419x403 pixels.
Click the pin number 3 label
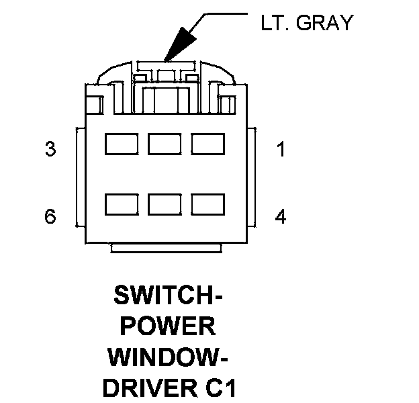pos(50,149)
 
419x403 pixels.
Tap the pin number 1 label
pos(281,149)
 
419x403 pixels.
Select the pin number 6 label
pos(50,216)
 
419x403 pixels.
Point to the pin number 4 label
pos(281,216)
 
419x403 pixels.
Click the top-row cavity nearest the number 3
pos(122,144)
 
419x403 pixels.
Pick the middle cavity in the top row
pos(165,144)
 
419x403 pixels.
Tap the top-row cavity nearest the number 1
pos(208,144)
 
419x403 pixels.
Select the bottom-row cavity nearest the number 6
pos(122,204)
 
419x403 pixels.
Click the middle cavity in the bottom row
pos(165,204)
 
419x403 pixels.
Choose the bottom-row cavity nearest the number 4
pos(208,204)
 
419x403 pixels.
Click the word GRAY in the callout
pos(325,22)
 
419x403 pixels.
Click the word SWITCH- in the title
pos(168,295)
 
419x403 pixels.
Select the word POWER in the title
pos(168,326)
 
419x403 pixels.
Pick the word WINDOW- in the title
pos(168,357)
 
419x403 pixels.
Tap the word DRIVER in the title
pos(150,388)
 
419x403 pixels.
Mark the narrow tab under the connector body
pos(167,248)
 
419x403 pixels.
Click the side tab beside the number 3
pos(81,177)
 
